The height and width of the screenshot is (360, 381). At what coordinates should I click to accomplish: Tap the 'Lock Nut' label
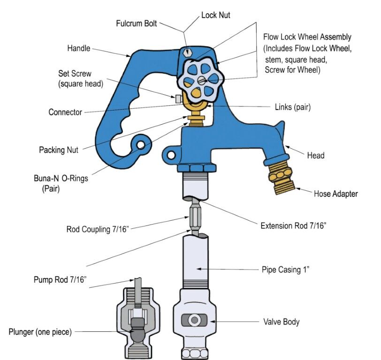(x=215, y=15)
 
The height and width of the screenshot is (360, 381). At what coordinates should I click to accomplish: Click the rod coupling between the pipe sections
(x=194, y=218)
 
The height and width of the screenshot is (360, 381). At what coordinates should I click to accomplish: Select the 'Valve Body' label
(x=281, y=322)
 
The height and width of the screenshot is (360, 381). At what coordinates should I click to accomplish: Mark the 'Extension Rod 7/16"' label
(x=293, y=226)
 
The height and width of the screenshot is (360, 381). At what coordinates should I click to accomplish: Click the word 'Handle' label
(x=79, y=48)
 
